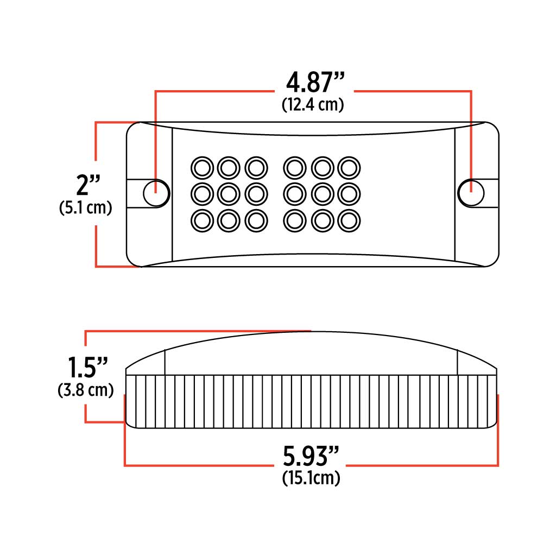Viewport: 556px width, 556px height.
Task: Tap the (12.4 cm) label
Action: [x=313, y=105]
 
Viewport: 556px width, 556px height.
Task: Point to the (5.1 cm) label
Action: [x=85, y=208]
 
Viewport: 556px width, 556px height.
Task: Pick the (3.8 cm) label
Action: [x=86, y=390]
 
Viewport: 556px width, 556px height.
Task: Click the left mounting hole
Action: [x=156, y=193]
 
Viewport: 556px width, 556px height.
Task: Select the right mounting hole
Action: [x=471, y=193]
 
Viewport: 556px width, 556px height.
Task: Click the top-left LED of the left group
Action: [x=202, y=167]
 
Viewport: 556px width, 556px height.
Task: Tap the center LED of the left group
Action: [x=229, y=193]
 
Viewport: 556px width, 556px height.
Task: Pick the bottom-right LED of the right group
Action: [x=349, y=219]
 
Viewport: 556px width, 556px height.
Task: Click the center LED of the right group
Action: [x=322, y=193]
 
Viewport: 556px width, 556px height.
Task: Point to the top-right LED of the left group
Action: [x=256, y=167]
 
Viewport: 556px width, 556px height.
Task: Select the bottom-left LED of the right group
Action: [x=295, y=219]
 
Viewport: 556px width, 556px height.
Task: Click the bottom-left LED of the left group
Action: [x=202, y=219]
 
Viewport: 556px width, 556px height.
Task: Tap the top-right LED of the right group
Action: [x=349, y=167]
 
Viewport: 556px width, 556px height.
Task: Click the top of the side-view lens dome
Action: [x=311, y=332]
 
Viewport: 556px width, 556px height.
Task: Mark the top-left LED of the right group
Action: [x=295, y=167]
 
